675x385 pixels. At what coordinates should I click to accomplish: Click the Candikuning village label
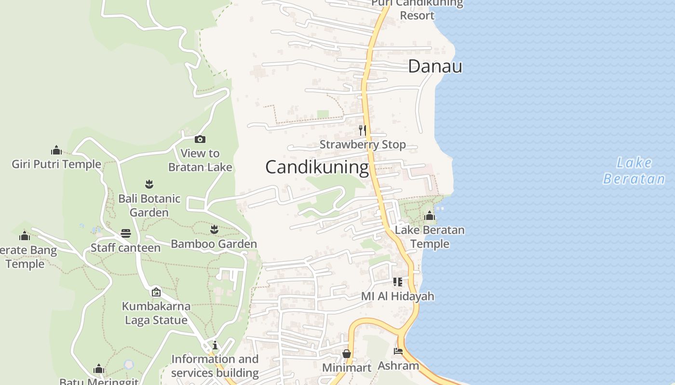(317, 167)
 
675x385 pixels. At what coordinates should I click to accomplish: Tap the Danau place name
(435, 66)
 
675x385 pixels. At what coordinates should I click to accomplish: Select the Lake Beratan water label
(634, 171)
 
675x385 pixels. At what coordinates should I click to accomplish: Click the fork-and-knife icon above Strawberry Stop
(363, 130)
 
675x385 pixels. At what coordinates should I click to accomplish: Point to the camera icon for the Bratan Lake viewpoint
(200, 140)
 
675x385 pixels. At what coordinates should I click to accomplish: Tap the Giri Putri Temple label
(56, 164)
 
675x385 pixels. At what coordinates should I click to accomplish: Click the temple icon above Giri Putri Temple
(56, 150)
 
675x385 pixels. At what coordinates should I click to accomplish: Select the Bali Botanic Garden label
(149, 205)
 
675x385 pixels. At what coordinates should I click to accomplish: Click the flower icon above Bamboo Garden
(214, 230)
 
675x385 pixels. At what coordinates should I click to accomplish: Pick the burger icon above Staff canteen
(126, 233)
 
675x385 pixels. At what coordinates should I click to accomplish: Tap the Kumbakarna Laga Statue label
(156, 313)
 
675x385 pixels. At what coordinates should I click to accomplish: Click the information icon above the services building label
(215, 345)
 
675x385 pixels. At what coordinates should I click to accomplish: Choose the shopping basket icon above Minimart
(346, 354)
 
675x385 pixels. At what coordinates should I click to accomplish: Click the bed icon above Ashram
(398, 351)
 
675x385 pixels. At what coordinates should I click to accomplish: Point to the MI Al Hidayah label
(398, 296)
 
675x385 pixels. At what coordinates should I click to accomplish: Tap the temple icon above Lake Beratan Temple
(430, 216)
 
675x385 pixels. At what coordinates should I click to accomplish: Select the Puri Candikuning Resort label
(418, 9)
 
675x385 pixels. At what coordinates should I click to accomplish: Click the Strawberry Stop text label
(363, 144)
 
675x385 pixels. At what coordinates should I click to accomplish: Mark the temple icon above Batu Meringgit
(99, 369)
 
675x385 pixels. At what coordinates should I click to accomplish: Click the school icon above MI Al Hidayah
(398, 282)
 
